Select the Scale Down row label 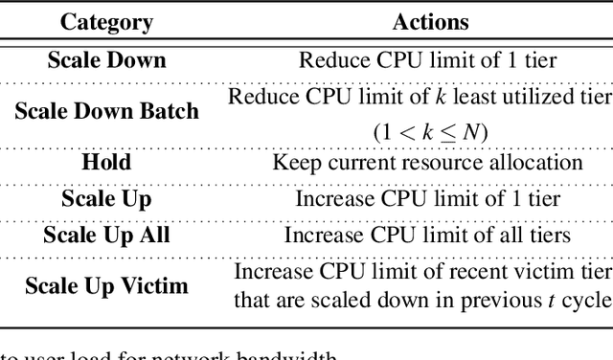point(107,60)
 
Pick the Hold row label point(105,160)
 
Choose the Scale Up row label point(106,199)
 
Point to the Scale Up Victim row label point(106,285)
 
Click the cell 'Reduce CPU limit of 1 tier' point(426,60)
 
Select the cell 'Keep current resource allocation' point(427,161)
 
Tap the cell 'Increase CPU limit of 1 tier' point(426,199)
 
